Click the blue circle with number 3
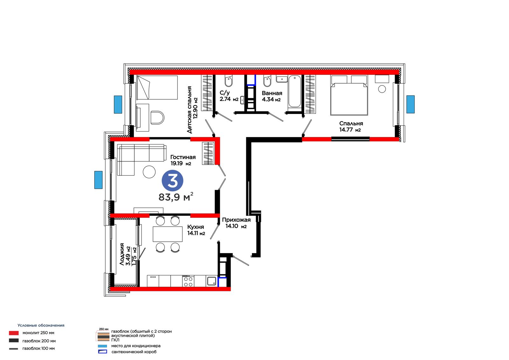coord(172,181)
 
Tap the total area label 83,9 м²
coord(176,197)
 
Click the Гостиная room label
coord(183,157)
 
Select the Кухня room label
coord(195,227)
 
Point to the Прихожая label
coord(236,220)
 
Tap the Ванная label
coord(272,93)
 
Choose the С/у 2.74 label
coord(229,96)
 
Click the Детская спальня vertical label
coord(189,109)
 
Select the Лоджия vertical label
coord(122,254)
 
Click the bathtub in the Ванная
coord(295,92)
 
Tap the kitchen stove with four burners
coord(188,281)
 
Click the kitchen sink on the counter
coord(212,281)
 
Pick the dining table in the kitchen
coord(168,234)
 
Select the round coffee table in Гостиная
coord(149,172)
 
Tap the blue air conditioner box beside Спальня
coord(410,104)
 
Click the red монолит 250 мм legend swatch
coord(14,333)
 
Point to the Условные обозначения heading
coord(41,325)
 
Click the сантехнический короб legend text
coord(134,352)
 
